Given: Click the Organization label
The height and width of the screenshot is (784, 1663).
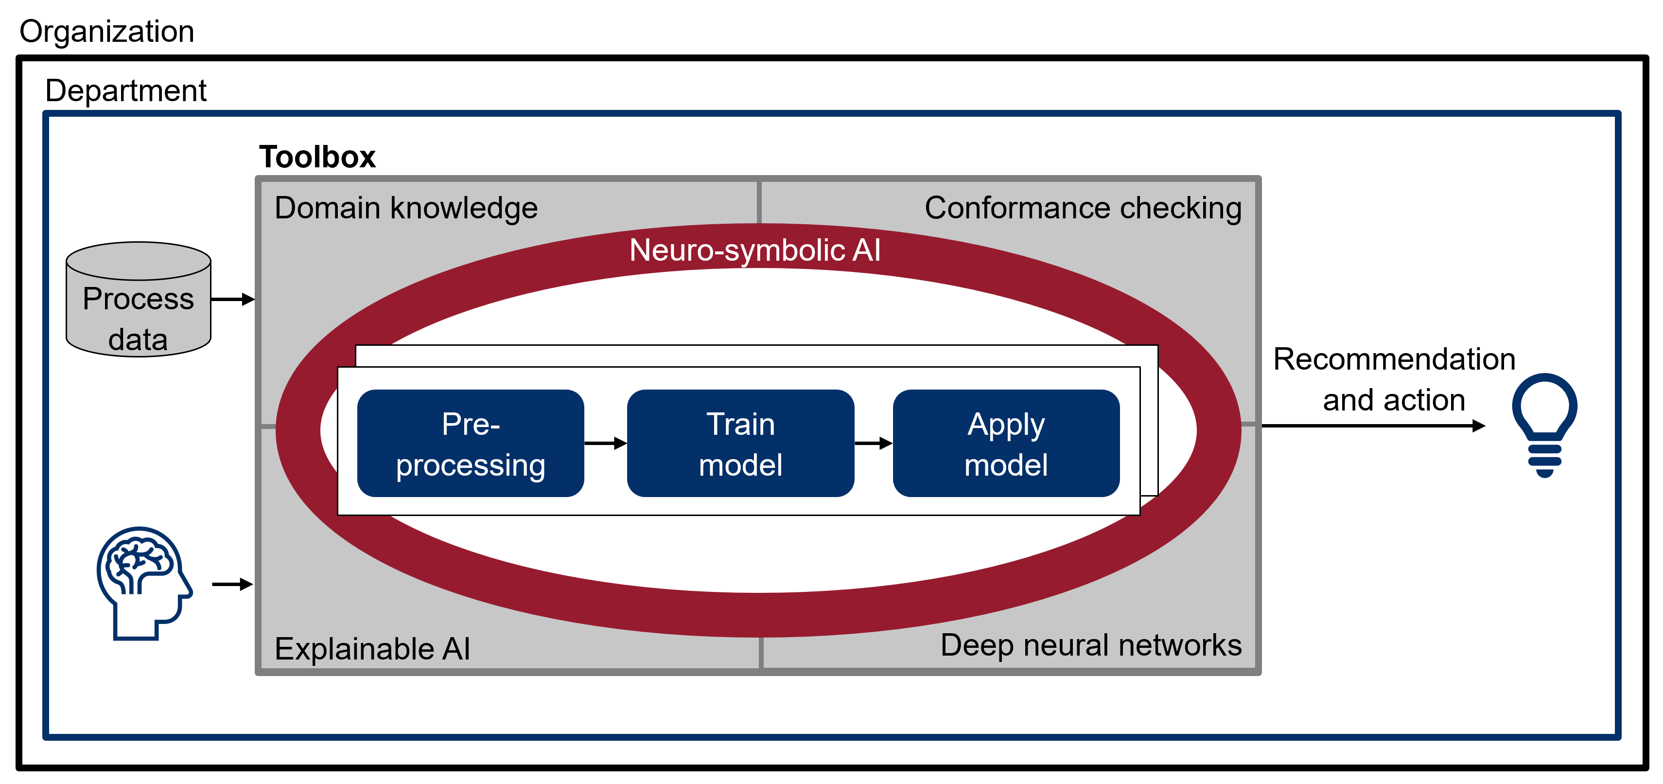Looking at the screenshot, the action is coord(106,32).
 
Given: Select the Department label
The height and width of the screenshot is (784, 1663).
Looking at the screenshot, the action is coord(126,91).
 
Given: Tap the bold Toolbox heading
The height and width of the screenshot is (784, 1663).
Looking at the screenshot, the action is coord(317,157).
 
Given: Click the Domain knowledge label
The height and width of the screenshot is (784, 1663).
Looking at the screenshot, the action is coord(406,209).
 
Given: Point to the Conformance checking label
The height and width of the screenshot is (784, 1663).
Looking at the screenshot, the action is coord(1083,209).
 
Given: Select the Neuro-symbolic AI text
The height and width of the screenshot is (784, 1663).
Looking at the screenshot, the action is coord(754,250).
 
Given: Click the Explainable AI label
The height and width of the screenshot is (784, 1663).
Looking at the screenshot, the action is coord(372,649).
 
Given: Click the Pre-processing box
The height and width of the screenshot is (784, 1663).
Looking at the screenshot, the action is coord(471,443).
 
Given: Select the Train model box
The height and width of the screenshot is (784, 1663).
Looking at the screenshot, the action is coord(740,443).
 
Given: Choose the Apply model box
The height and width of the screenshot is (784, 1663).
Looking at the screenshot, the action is coord(1006,443).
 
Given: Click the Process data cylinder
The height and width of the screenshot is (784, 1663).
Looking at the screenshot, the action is coord(138,300).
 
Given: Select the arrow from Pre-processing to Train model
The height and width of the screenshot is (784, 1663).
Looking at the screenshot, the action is coord(606,443).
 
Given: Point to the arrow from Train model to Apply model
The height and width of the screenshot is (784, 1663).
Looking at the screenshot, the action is coord(874,443).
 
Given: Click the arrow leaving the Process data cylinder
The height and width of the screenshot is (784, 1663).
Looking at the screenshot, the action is coord(233,299).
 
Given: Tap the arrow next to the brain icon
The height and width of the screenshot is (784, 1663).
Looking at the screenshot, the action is coord(232,585).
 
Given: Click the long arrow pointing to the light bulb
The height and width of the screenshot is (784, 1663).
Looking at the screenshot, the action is coord(1374,426).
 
